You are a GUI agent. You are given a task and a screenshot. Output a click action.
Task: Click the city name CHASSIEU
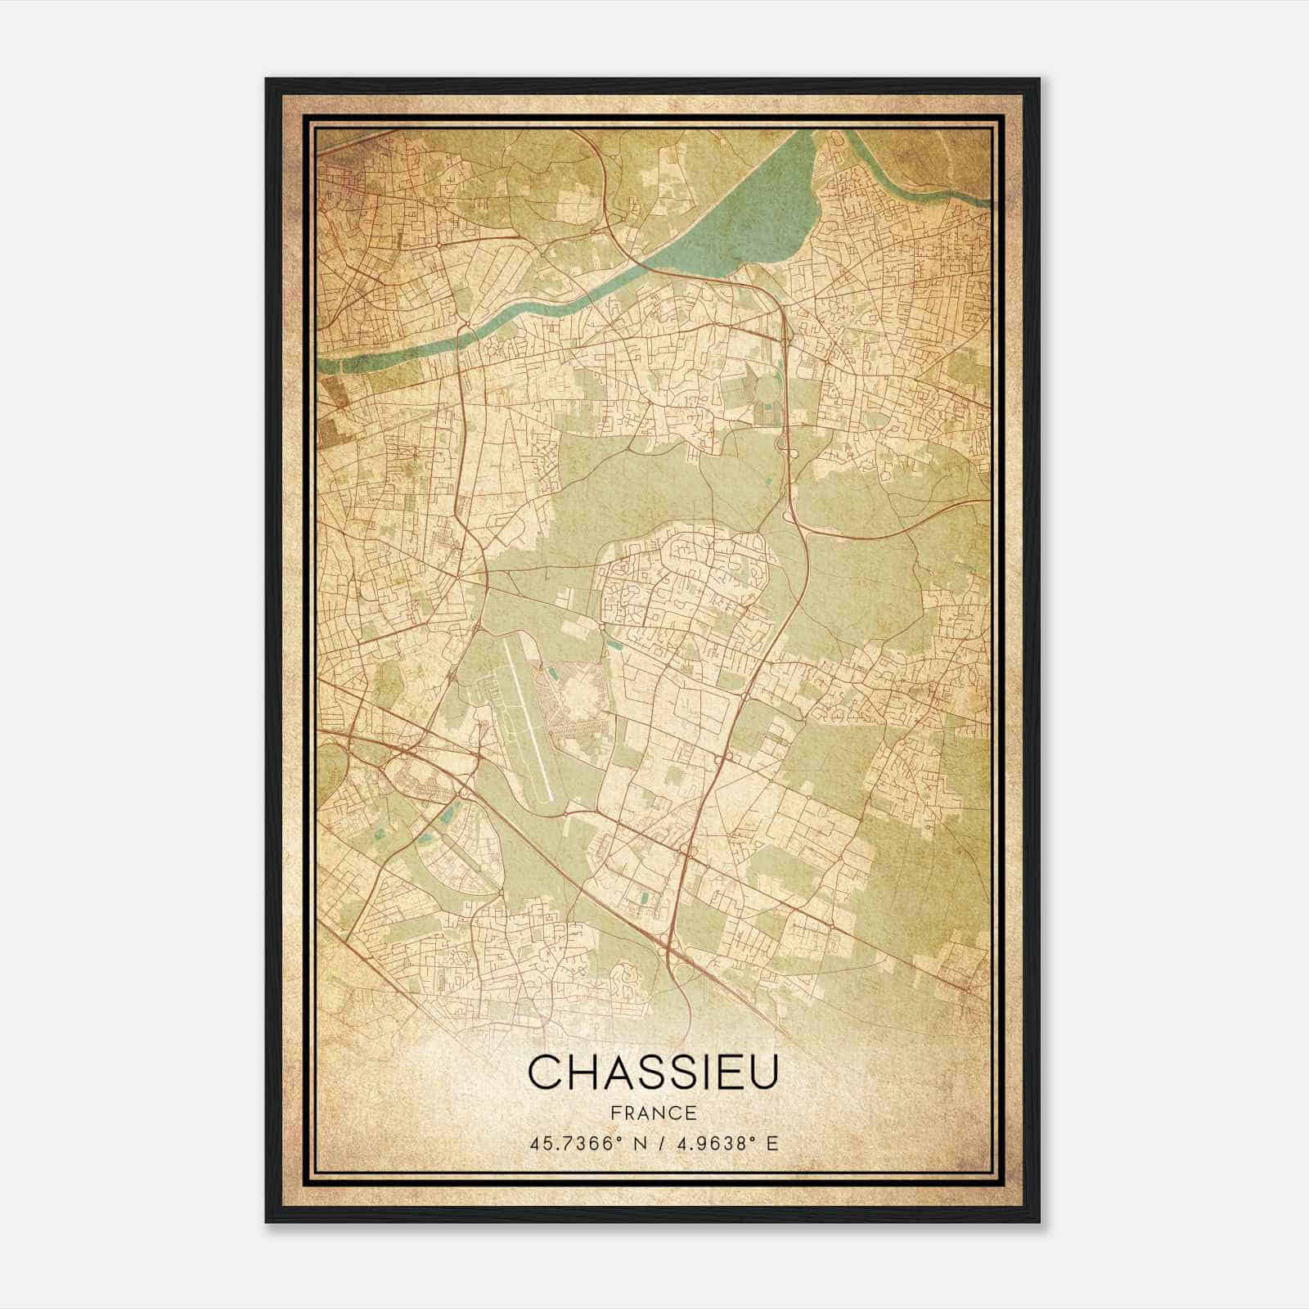pyautogui.click(x=652, y=1073)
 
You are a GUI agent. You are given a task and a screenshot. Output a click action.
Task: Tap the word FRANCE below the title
pyautogui.click(x=652, y=1113)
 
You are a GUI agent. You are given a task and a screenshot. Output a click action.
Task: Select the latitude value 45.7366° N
pyautogui.click(x=583, y=1143)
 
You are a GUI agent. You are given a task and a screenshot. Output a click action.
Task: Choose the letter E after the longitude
pyautogui.click(x=773, y=1143)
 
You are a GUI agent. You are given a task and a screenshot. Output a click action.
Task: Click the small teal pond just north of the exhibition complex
pyautogui.click(x=552, y=672)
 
